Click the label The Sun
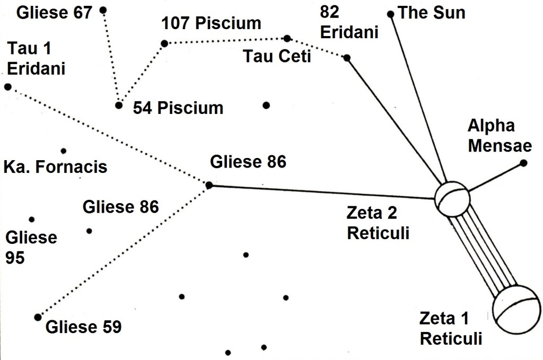coord(431,12)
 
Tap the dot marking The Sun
coord(391,14)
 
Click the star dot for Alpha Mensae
coord(523,163)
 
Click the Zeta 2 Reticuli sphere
coord(452,198)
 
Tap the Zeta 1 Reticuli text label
coord(451,329)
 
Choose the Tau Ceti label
coord(277,56)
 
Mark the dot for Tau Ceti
coord(287,38)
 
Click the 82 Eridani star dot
coord(347,58)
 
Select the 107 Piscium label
coord(212,23)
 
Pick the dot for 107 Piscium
coord(164,43)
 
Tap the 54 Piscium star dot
coord(119,105)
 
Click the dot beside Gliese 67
coord(103,10)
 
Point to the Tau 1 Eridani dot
coord(7,86)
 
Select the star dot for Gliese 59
coord(37,317)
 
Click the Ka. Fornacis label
coord(55,167)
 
